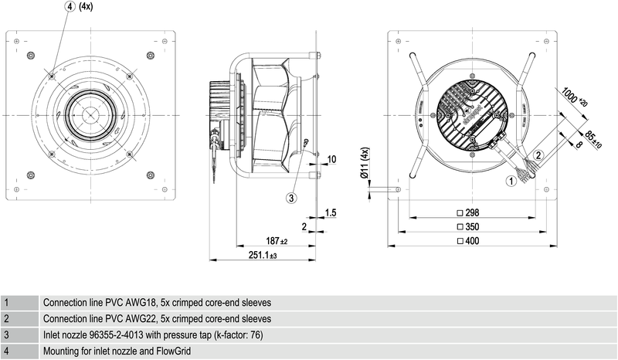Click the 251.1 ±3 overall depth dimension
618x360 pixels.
(x=263, y=254)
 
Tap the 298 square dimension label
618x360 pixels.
(x=470, y=213)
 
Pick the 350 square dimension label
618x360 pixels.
(x=470, y=227)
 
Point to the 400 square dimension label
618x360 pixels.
(x=470, y=241)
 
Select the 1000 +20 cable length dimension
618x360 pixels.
(x=575, y=96)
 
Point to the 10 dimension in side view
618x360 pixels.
(x=331, y=159)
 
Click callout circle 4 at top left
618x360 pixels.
(x=70, y=6)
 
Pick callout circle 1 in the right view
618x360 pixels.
(x=511, y=182)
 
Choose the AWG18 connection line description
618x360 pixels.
(x=157, y=302)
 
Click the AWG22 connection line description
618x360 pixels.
(x=157, y=318)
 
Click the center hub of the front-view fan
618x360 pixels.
(x=87, y=114)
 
